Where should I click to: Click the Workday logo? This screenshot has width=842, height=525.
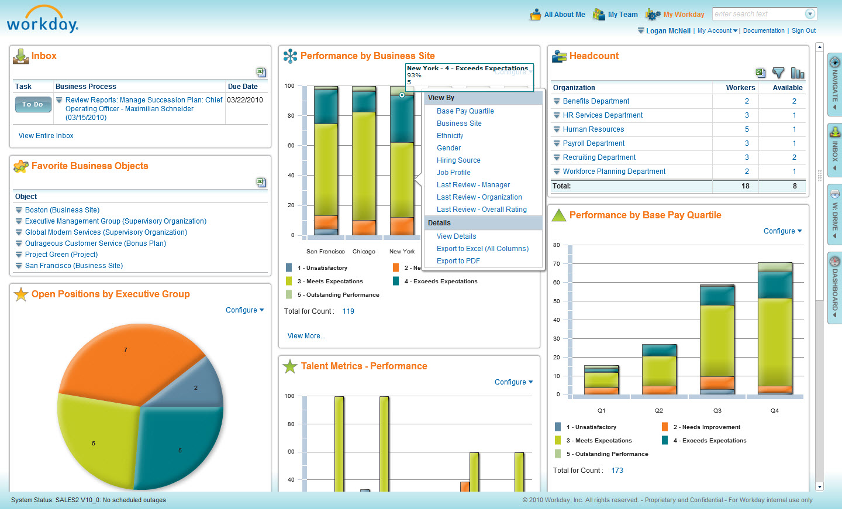point(42,20)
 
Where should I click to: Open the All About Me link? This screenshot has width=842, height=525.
point(564,15)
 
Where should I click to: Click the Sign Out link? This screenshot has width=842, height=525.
point(803,31)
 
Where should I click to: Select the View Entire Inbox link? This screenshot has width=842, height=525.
point(46,136)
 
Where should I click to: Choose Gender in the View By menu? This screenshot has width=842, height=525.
point(448,148)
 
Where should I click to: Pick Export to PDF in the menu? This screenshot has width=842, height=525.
point(458,261)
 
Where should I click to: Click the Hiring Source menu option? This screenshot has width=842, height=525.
point(458,160)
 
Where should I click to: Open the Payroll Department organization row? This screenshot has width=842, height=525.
point(593,143)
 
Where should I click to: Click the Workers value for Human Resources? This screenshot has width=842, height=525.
point(747,129)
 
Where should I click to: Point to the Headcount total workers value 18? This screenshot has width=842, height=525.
point(746,186)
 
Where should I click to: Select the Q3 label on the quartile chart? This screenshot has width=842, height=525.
point(717,411)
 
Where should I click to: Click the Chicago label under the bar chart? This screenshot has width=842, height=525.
point(364,252)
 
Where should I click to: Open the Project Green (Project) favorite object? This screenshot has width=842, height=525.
point(61,255)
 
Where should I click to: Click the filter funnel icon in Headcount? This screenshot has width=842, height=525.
point(778,73)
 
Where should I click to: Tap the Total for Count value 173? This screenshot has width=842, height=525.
point(617,471)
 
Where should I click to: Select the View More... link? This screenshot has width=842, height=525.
point(306,336)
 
